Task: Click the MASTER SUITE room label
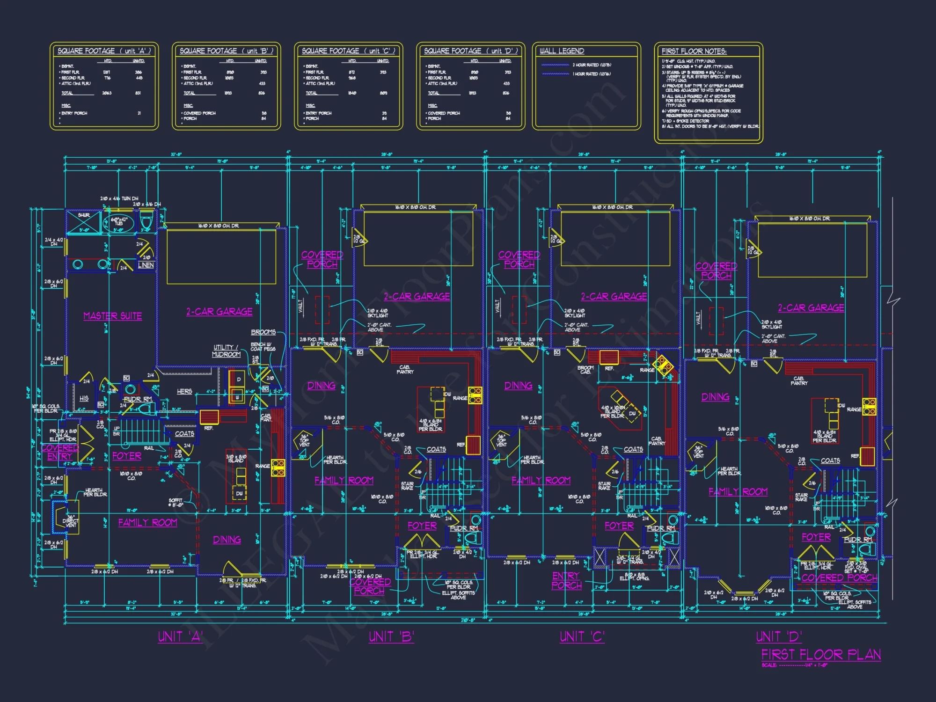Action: point(112,316)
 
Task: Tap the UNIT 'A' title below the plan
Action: point(180,637)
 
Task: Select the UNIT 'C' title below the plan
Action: point(582,637)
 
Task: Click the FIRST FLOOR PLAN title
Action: point(821,654)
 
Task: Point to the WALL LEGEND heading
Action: point(562,51)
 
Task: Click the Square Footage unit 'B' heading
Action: point(227,51)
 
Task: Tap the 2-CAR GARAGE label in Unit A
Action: point(219,312)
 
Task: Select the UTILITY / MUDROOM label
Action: point(226,351)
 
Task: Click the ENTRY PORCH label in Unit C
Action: point(566,580)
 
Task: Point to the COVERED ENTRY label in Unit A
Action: point(59,452)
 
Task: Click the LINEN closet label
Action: point(146,265)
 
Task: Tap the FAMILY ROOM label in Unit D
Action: point(738,492)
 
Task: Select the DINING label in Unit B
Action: point(321,386)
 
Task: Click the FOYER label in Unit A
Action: point(126,456)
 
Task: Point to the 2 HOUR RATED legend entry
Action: point(592,65)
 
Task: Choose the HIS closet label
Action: point(84,399)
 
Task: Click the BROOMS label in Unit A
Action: point(263,332)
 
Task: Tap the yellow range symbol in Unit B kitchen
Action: point(475,395)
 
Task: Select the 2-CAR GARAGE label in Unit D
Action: point(811,308)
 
